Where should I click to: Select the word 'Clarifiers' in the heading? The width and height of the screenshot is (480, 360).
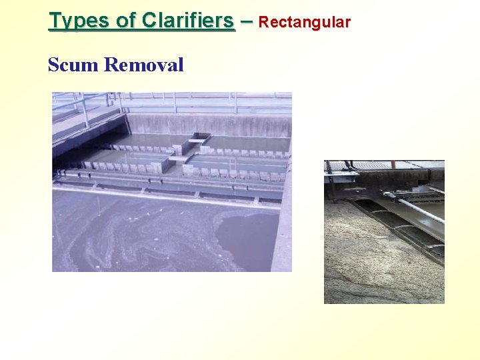[x=188, y=21]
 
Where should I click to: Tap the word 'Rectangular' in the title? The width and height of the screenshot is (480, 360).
[x=304, y=22]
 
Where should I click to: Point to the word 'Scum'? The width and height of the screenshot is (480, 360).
[x=73, y=65]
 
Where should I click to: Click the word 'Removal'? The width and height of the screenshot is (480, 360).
[x=144, y=65]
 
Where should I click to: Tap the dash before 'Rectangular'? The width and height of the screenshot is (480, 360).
[x=247, y=21]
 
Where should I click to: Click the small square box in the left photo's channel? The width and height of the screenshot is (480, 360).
[x=199, y=139]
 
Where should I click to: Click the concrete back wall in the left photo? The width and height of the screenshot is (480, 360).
[x=220, y=124]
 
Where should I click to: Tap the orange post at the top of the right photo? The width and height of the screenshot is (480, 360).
[x=393, y=164]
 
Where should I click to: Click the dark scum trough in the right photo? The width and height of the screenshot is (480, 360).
[x=400, y=227]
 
